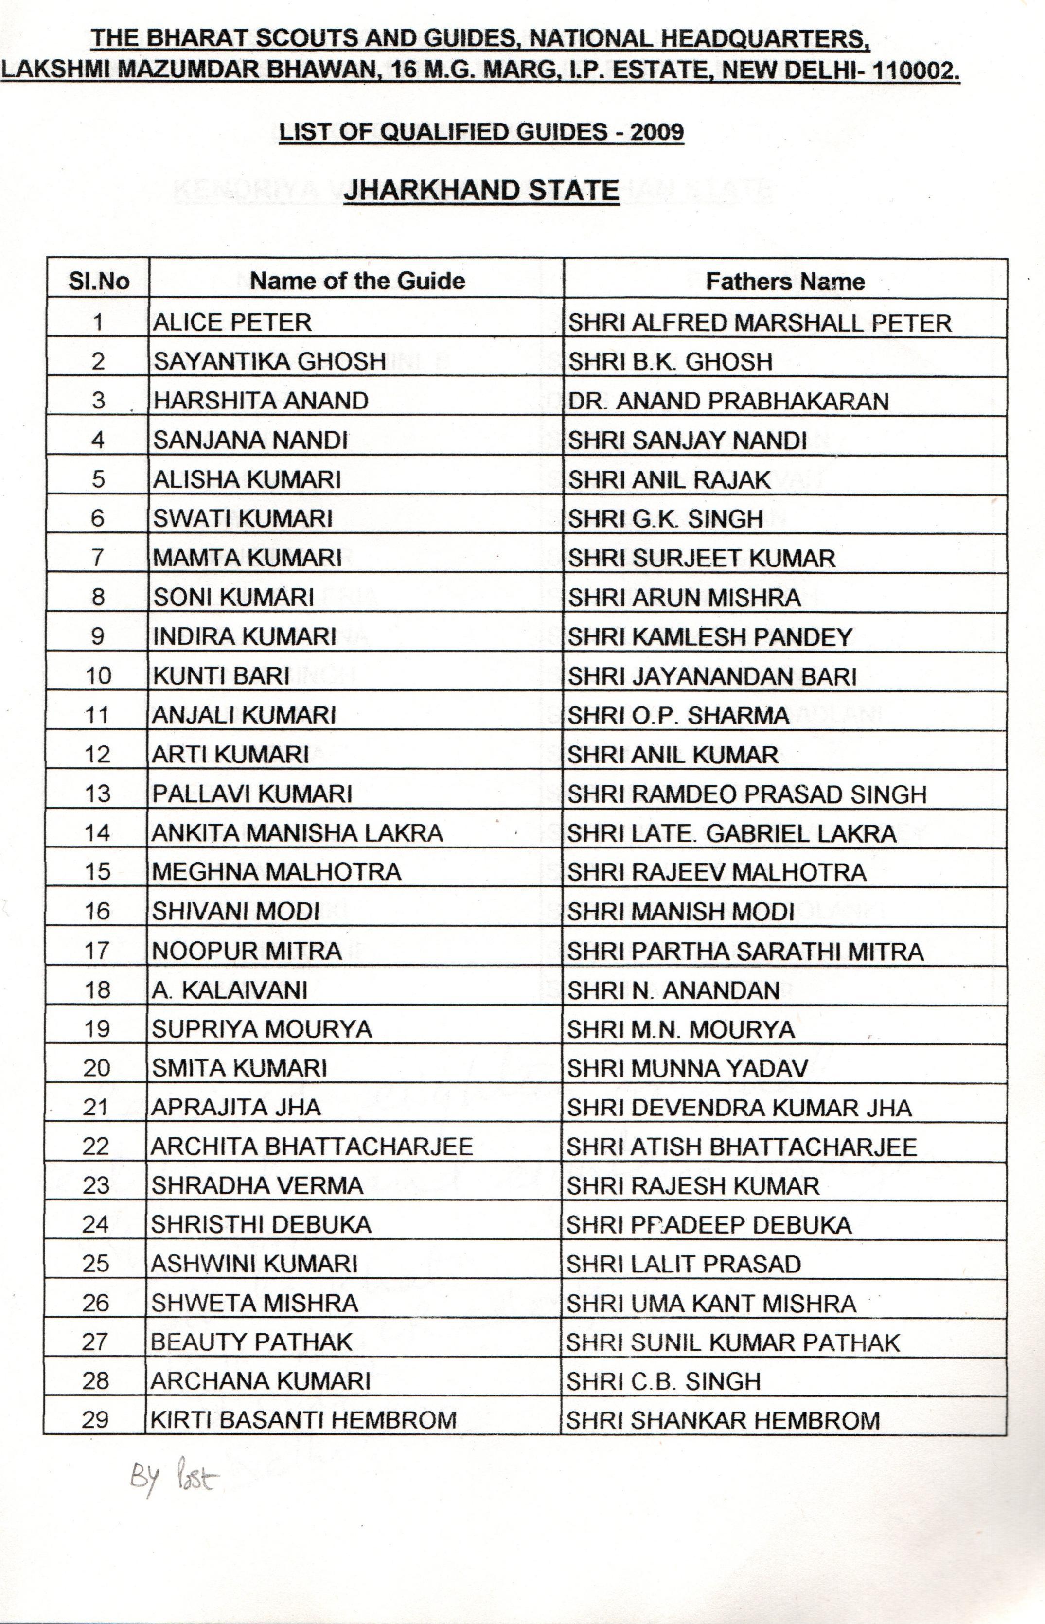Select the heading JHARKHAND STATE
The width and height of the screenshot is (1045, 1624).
[481, 190]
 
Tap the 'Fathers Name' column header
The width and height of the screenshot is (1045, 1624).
[785, 281]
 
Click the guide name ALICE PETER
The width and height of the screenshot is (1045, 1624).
[232, 321]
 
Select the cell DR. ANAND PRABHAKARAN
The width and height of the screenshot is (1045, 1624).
[728, 401]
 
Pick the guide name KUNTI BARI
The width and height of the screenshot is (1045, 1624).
[221, 676]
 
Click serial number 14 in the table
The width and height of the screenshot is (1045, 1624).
[98, 832]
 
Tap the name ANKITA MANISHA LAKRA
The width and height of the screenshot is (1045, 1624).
[297, 832]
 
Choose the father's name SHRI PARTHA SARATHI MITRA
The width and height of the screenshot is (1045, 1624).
[745, 951]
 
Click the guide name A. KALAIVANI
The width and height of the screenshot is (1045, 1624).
[230, 990]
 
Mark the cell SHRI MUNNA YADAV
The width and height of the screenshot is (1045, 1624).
[688, 1069]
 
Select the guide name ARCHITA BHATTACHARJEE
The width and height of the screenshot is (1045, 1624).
[312, 1147]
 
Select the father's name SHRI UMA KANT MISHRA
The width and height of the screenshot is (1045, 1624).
[711, 1303]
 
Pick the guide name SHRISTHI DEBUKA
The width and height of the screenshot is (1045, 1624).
[261, 1225]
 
